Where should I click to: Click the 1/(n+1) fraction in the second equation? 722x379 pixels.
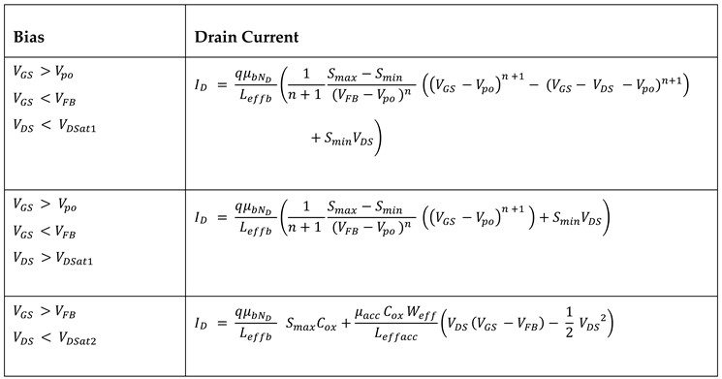click(316, 222)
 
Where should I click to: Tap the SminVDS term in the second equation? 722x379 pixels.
click(576, 221)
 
